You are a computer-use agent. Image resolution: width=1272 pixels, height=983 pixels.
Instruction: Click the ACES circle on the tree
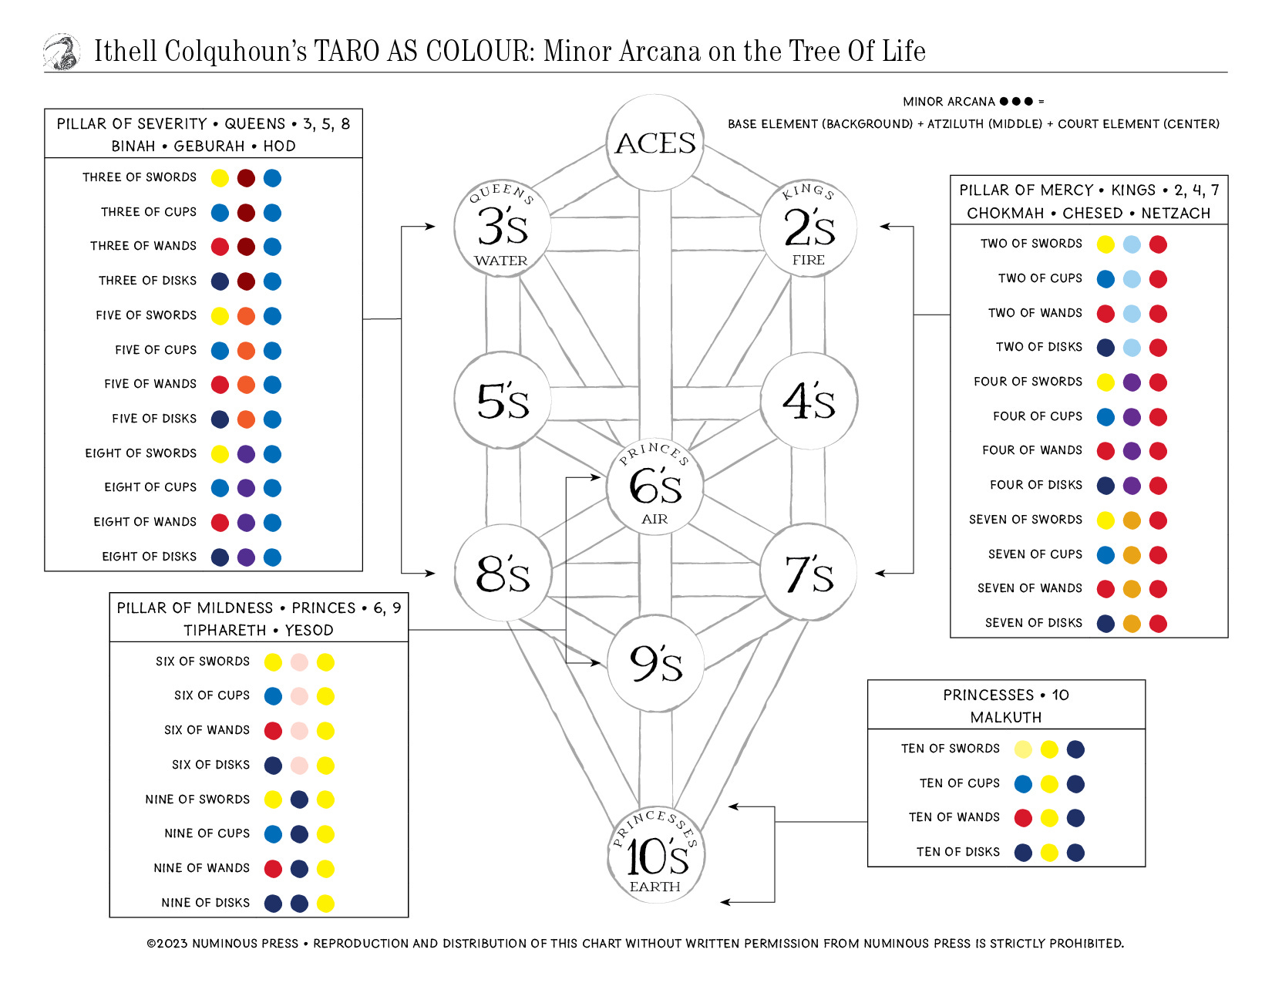[x=655, y=143]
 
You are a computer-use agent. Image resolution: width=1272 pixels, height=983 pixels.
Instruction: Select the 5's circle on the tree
[x=503, y=401]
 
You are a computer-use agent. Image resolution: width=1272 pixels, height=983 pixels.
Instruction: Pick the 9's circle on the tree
[x=655, y=663]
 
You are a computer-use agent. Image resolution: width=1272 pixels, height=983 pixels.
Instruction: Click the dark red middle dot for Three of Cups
[x=246, y=213]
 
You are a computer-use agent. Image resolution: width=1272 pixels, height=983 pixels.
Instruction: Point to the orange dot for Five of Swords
[x=246, y=316]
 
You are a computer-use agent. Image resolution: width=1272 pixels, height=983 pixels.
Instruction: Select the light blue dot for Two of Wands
[x=1132, y=314]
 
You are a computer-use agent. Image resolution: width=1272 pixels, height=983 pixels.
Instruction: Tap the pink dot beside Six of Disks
[x=299, y=766]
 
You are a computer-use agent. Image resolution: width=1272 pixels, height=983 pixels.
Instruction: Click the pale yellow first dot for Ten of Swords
[x=1023, y=749]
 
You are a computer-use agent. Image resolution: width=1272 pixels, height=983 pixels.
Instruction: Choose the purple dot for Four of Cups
[x=1132, y=417]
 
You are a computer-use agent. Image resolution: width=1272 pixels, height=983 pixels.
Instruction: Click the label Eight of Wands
[x=145, y=522]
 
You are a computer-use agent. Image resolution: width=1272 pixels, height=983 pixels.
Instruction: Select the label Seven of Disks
[x=1033, y=623]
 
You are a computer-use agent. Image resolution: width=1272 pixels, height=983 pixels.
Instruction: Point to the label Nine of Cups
[x=207, y=833]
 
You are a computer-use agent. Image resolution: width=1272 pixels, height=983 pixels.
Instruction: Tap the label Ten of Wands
[x=954, y=817]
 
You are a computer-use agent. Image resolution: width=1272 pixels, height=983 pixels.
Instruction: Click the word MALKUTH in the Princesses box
[x=1006, y=717]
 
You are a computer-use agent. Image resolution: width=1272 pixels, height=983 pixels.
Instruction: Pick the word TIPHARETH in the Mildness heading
[x=224, y=630]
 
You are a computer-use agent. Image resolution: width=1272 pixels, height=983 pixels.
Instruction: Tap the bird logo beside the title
[x=62, y=52]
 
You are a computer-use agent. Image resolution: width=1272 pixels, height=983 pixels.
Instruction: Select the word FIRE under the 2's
[x=808, y=261]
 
